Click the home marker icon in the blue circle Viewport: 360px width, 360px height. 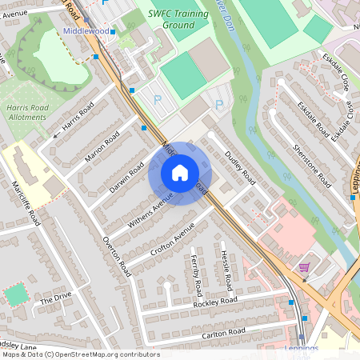click(180, 173)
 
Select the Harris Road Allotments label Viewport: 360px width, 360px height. click(28, 111)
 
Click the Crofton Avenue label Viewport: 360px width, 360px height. click(173, 240)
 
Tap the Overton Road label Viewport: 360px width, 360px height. click(116, 256)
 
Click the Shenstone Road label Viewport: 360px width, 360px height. click(312, 164)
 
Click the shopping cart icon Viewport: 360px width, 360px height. click(304, 267)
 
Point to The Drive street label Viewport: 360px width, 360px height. click(56, 298)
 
